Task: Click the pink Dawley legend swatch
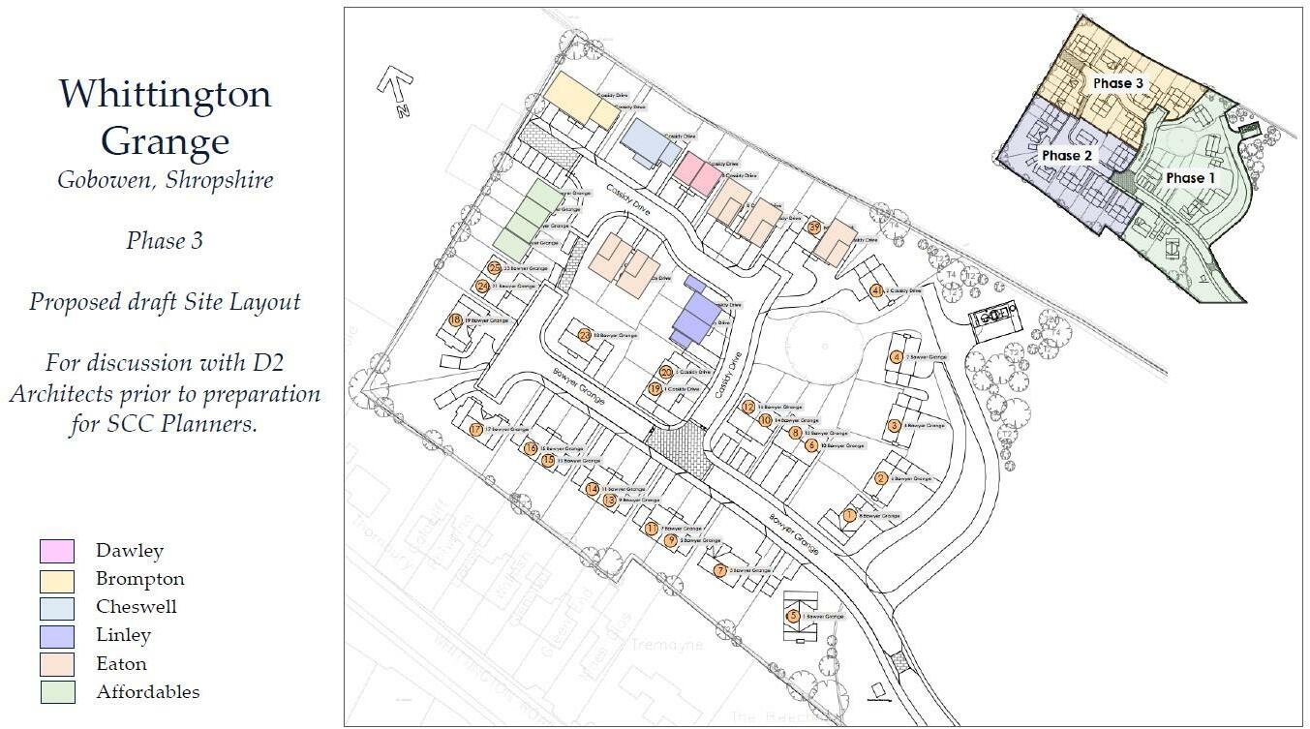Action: (56, 551)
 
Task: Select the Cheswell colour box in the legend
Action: (56, 607)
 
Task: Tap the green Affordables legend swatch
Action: (56, 692)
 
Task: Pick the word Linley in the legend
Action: (123, 635)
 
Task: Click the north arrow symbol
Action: (395, 91)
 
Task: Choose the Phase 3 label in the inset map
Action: (1118, 83)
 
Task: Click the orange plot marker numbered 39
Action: (814, 227)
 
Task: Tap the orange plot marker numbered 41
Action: (876, 290)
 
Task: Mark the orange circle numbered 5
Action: (794, 616)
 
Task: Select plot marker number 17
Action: (475, 430)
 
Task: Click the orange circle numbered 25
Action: (495, 268)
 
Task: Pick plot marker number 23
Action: (585, 336)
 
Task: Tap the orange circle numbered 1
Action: (849, 516)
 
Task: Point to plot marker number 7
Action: (720, 571)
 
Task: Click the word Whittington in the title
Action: (165, 95)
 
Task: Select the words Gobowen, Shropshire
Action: (165, 180)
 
